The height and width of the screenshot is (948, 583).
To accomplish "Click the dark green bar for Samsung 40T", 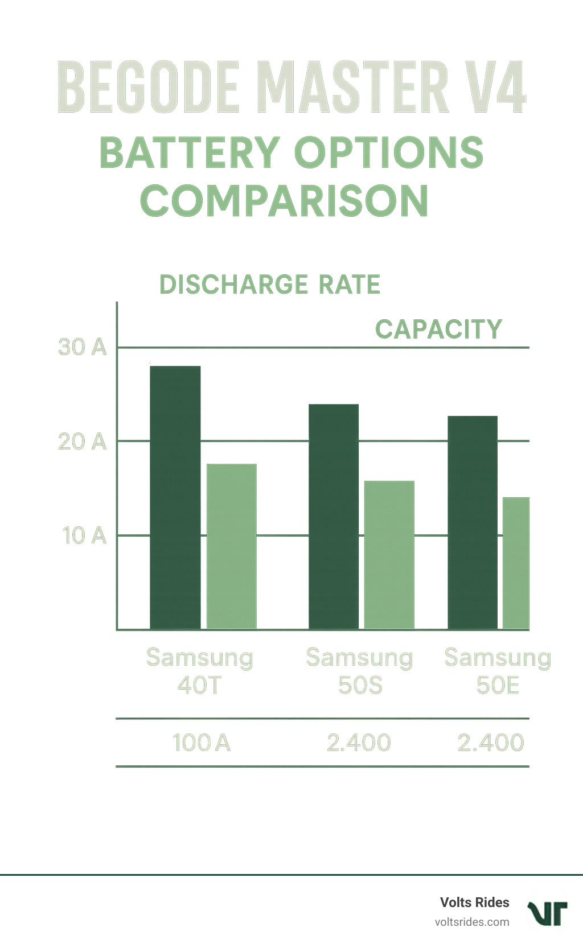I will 175,498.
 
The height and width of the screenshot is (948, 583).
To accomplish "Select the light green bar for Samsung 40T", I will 231,546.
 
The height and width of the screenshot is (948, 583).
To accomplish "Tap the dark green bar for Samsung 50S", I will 334,517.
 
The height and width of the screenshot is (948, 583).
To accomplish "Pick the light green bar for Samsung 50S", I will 389,555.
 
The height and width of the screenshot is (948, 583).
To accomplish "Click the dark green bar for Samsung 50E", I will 473,522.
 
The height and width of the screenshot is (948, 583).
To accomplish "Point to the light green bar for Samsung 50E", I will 516,563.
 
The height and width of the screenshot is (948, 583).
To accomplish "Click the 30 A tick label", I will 83,347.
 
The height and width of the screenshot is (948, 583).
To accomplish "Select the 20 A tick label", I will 83,442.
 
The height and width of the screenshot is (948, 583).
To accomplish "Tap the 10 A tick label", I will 84,535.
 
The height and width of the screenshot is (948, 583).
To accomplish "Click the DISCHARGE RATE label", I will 270,285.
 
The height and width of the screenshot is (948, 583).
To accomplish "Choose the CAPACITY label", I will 438,329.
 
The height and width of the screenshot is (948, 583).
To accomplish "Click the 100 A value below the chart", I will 201,743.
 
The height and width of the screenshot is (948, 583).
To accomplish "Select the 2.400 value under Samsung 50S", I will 359,743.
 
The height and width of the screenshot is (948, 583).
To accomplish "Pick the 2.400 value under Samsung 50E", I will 490,743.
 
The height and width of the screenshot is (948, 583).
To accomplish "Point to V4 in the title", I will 494,88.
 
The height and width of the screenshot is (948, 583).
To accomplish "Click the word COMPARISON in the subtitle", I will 284,201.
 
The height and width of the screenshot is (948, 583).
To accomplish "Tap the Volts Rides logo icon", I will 547,913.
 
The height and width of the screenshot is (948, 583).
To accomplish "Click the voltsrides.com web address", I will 471,922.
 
